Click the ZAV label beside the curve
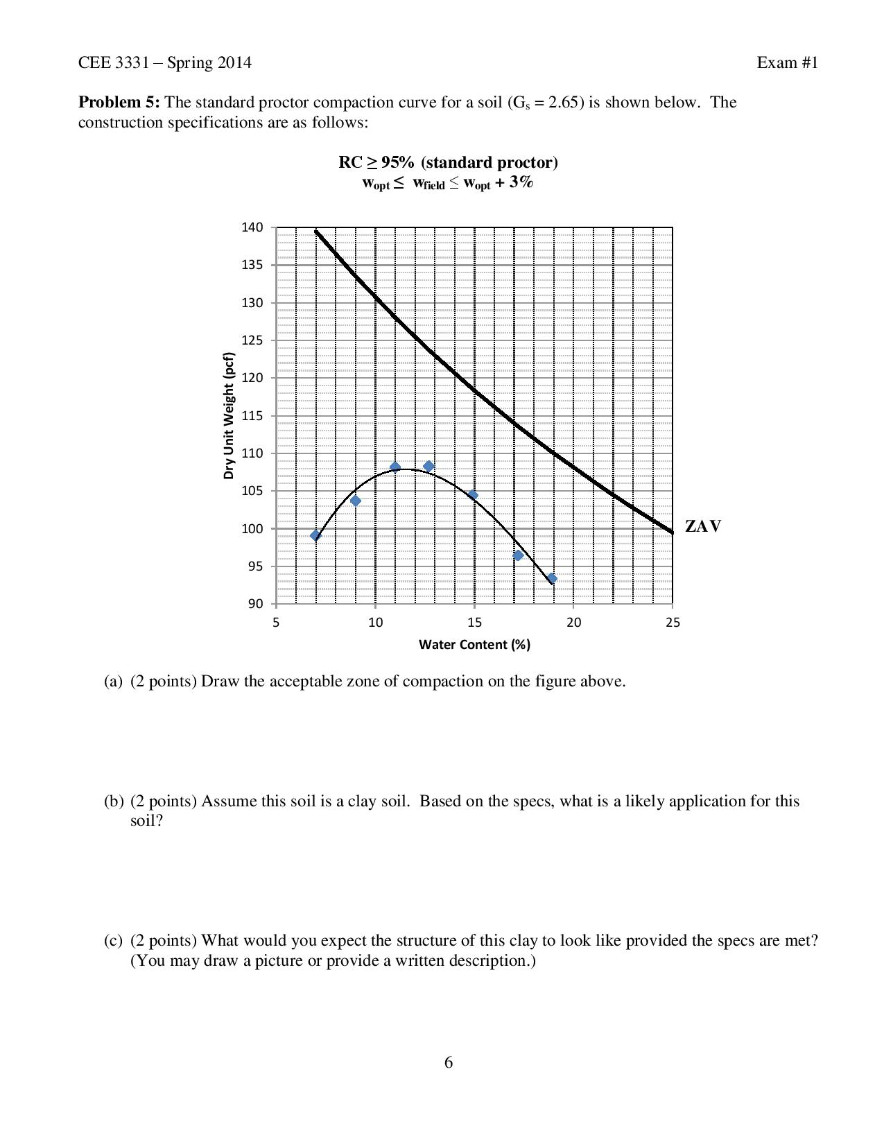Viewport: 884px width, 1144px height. pos(703,526)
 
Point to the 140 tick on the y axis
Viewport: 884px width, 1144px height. pos(252,227)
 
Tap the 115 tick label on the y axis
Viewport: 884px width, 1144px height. pos(252,416)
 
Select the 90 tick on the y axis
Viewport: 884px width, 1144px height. pos(255,604)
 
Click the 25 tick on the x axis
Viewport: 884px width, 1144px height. pos(673,623)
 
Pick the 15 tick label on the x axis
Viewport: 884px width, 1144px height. pos(474,623)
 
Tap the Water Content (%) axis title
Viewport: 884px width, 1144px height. pos(474,645)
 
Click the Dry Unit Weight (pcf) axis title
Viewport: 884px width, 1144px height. pos(229,416)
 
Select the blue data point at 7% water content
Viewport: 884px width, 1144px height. pos(316,535)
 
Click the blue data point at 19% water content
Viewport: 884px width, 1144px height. pos(552,578)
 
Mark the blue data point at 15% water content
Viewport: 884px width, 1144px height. pos(473,495)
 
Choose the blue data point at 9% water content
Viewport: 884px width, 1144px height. pos(356,501)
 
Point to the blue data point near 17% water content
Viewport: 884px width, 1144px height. pos(518,555)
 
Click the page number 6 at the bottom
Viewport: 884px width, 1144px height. pos(449,1063)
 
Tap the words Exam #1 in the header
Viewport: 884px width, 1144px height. pos(788,63)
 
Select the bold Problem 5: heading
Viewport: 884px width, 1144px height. pos(119,103)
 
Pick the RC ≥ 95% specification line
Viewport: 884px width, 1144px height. pos(448,162)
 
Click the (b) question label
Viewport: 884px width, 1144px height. pos(113,801)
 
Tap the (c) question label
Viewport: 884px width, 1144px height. pos(113,941)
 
